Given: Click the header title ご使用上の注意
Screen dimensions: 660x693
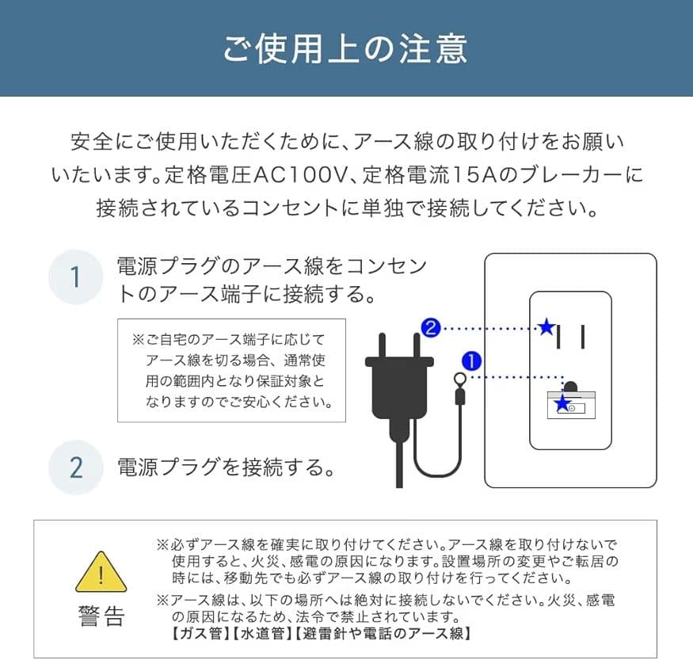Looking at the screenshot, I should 346,48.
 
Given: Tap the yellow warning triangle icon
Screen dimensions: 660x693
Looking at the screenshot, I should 101,571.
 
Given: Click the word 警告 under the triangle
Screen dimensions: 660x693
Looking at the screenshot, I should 101,616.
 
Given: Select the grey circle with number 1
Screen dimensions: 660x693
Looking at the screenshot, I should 76,278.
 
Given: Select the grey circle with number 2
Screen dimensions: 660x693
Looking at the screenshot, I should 76,467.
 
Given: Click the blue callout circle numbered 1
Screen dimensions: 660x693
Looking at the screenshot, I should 470,362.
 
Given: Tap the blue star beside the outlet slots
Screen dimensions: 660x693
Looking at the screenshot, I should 546,327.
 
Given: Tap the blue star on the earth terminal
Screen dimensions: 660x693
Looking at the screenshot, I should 562,404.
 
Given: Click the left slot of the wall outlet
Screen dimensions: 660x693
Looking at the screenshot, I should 561,337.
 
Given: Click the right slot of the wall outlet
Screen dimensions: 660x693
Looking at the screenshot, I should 582,337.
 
